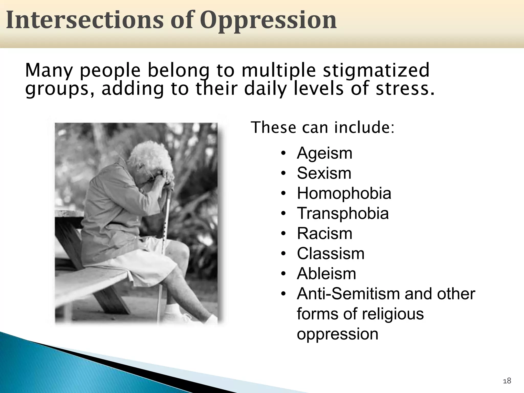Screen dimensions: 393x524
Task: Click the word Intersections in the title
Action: click(x=84, y=20)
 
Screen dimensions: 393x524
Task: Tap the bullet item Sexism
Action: click(x=324, y=173)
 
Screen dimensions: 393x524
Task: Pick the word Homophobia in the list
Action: click(x=344, y=193)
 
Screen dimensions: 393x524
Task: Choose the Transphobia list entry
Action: click(x=343, y=213)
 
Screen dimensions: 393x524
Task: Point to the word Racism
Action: click(x=324, y=233)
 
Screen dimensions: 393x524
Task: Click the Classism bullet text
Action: click(x=331, y=254)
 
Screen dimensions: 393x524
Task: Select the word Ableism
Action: click(x=326, y=274)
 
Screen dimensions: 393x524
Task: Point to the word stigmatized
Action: click(x=376, y=70)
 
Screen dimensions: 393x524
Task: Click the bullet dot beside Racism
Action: click(x=283, y=234)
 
